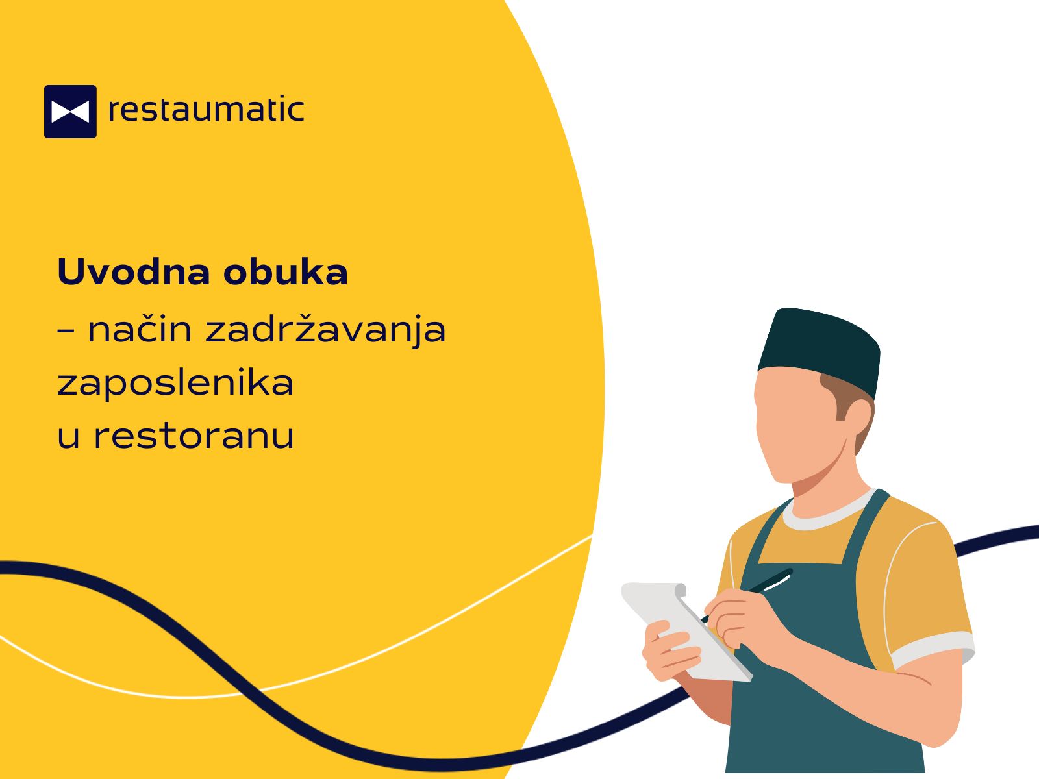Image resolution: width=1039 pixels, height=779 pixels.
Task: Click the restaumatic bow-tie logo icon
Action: point(70,112)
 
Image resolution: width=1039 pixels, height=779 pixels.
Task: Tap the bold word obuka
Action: point(286,272)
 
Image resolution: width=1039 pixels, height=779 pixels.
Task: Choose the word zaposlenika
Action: point(175,383)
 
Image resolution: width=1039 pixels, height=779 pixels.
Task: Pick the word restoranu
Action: point(194,436)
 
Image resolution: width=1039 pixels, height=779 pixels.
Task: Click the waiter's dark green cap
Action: point(820,350)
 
